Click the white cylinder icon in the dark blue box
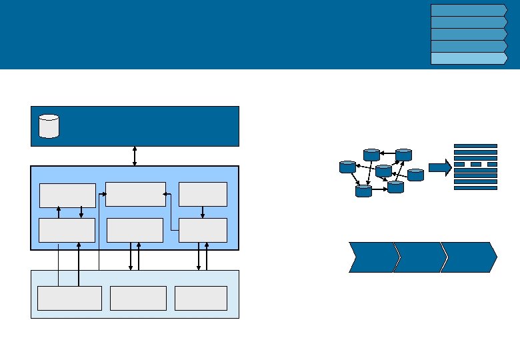pos(49,126)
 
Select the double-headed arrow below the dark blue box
pos(135,156)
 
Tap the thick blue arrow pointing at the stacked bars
pos(439,168)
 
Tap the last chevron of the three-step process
pos(469,257)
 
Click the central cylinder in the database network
pos(383,171)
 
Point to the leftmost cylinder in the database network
pos(347,167)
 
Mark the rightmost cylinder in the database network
pos(415,175)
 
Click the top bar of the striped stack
pos(475,145)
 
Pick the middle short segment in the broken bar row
pos(475,164)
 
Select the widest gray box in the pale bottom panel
pos(69,298)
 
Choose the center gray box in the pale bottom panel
pos(138,298)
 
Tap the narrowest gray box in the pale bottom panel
pos(201,298)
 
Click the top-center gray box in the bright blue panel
pos(135,194)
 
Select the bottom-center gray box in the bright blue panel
pos(135,230)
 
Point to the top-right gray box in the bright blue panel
pos(203,194)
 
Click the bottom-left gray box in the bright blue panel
pos(67,230)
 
